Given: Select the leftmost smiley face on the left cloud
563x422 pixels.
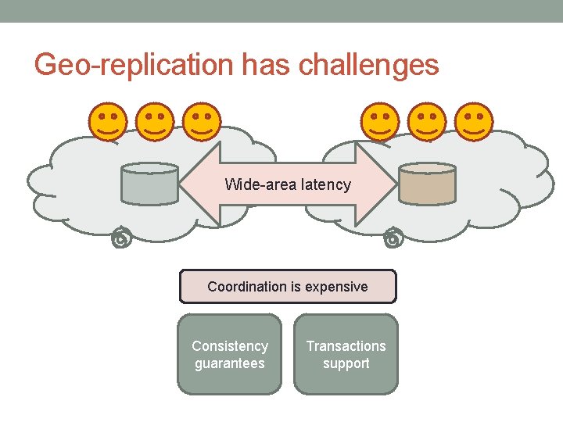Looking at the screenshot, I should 108,121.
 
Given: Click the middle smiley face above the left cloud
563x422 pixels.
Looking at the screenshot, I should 155,121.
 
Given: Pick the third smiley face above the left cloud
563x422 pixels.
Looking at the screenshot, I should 202,121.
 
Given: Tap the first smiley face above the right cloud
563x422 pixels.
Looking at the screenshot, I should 380,121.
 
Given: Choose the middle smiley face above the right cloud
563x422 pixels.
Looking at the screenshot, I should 427,121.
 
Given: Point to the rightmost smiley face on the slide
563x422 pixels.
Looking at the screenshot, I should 474,121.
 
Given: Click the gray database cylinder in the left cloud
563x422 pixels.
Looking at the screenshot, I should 150,184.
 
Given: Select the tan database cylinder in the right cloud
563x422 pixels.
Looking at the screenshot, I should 426,184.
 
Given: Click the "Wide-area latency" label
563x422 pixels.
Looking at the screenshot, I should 288,185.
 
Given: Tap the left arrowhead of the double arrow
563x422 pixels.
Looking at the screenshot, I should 199,185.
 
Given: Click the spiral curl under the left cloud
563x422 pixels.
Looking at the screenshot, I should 120,240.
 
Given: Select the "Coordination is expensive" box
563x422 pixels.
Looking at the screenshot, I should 288,287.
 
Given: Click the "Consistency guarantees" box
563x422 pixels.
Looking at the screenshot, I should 229,354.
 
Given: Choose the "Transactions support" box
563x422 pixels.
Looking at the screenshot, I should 346,354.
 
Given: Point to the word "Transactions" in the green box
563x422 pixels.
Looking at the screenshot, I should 346,345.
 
